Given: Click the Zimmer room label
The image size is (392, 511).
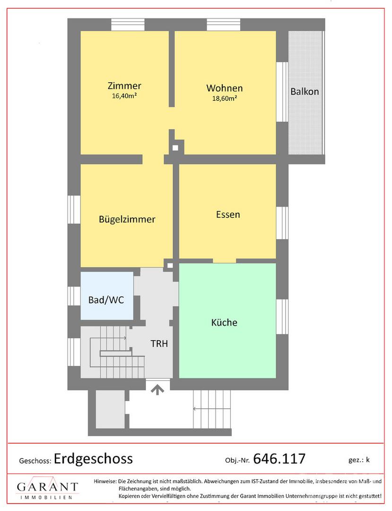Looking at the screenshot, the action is click(x=124, y=86).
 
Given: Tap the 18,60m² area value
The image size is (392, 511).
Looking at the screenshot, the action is click(x=224, y=98).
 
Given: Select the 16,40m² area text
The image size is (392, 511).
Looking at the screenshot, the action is click(x=124, y=96).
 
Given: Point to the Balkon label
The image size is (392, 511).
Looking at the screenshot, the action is click(x=305, y=92).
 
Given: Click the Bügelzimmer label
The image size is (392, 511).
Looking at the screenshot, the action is click(x=127, y=220).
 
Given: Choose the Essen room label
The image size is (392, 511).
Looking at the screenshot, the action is click(x=228, y=214).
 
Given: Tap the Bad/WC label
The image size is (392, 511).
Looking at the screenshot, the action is click(x=106, y=300).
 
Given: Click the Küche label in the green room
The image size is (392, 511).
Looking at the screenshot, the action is click(x=224, y=322).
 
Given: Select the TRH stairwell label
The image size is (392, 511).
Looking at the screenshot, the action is click(x=159, y=344).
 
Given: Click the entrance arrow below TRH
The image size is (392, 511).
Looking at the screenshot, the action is click(x=157, y=389).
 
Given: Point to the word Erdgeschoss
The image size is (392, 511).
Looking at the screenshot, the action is click(x=94, y=459).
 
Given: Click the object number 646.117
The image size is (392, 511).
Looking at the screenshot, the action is click(x=279, y=459).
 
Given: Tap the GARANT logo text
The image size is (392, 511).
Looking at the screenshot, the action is click(x=48, y=487).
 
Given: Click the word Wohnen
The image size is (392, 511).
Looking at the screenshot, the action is click(x=224, y=88).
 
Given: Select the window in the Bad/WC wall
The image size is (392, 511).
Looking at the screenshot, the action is click(x=74, y=296).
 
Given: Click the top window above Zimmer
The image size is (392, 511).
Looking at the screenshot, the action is click(x=128, y=25).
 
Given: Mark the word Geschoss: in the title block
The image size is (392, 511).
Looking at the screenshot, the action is click(x=35, y=461).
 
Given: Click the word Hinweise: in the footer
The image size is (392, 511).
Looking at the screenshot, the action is click(x=105, y=481).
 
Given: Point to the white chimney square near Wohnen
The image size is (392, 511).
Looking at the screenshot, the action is click(x=175, y=148).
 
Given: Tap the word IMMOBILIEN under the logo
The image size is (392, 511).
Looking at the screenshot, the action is click(x=46, y=497).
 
